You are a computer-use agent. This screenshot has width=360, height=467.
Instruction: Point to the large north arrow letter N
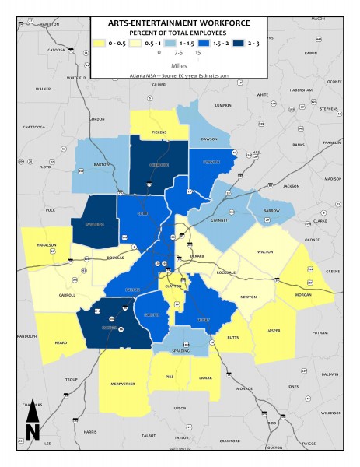tap(32, 430)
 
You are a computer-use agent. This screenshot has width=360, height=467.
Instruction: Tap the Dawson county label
tap(208, 139)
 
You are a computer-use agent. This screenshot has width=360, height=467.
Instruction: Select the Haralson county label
tap(44, 248)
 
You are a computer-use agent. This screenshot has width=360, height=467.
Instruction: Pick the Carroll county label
tap(68, 296)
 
